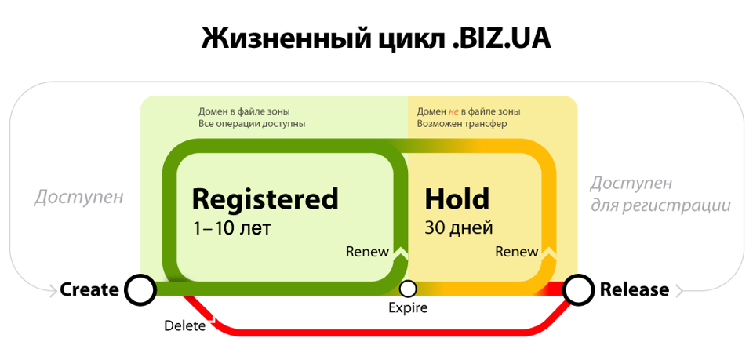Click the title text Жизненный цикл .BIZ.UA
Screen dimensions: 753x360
click(x=376, y=39)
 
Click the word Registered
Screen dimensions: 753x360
click(x=265, y=198)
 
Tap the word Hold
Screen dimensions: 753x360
click(x=457, y=198)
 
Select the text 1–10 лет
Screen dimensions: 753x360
click(x=231, y=228)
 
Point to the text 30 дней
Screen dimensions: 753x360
click(x=459, y=227)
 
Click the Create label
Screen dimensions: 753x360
click(x=89, y=290)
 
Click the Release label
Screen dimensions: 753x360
click(x=635, y=290)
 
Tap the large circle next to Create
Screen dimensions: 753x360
click(x=140, y=290)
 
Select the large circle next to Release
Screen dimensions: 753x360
click(x=578, y=290)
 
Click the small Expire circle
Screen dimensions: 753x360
click(x=408, y=289)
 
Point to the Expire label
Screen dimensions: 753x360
click(x=407, y=307)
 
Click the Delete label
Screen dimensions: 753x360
click(x=185, y=326)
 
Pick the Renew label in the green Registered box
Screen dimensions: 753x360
click(x=367, y=252)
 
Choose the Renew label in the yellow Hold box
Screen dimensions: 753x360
click(x=517, y=252)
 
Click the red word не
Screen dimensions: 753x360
click(x=454, y=112)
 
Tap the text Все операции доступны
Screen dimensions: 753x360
click(x=252, y=124)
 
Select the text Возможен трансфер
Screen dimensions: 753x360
click(x=462, y=124)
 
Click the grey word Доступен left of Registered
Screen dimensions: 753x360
click(x=78, y=198)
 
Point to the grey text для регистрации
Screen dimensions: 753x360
click(x=660, y=206)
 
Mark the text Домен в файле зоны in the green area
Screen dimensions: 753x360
click(x=244, y=112)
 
